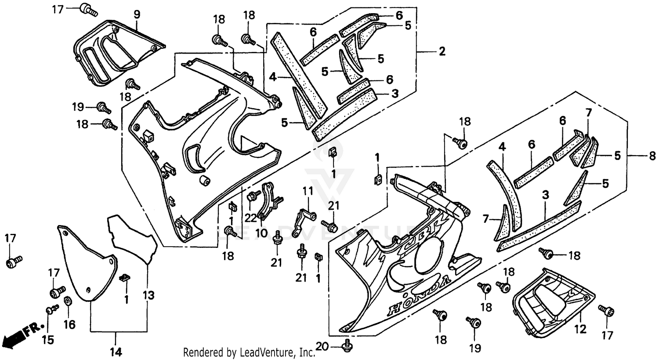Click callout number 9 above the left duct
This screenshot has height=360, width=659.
[137, 14]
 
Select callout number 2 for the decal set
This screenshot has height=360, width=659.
[442, 52]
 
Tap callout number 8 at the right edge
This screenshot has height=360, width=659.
[652, 155]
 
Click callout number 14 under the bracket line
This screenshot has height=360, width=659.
[116, 352]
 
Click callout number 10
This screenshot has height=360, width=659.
[261, 233]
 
